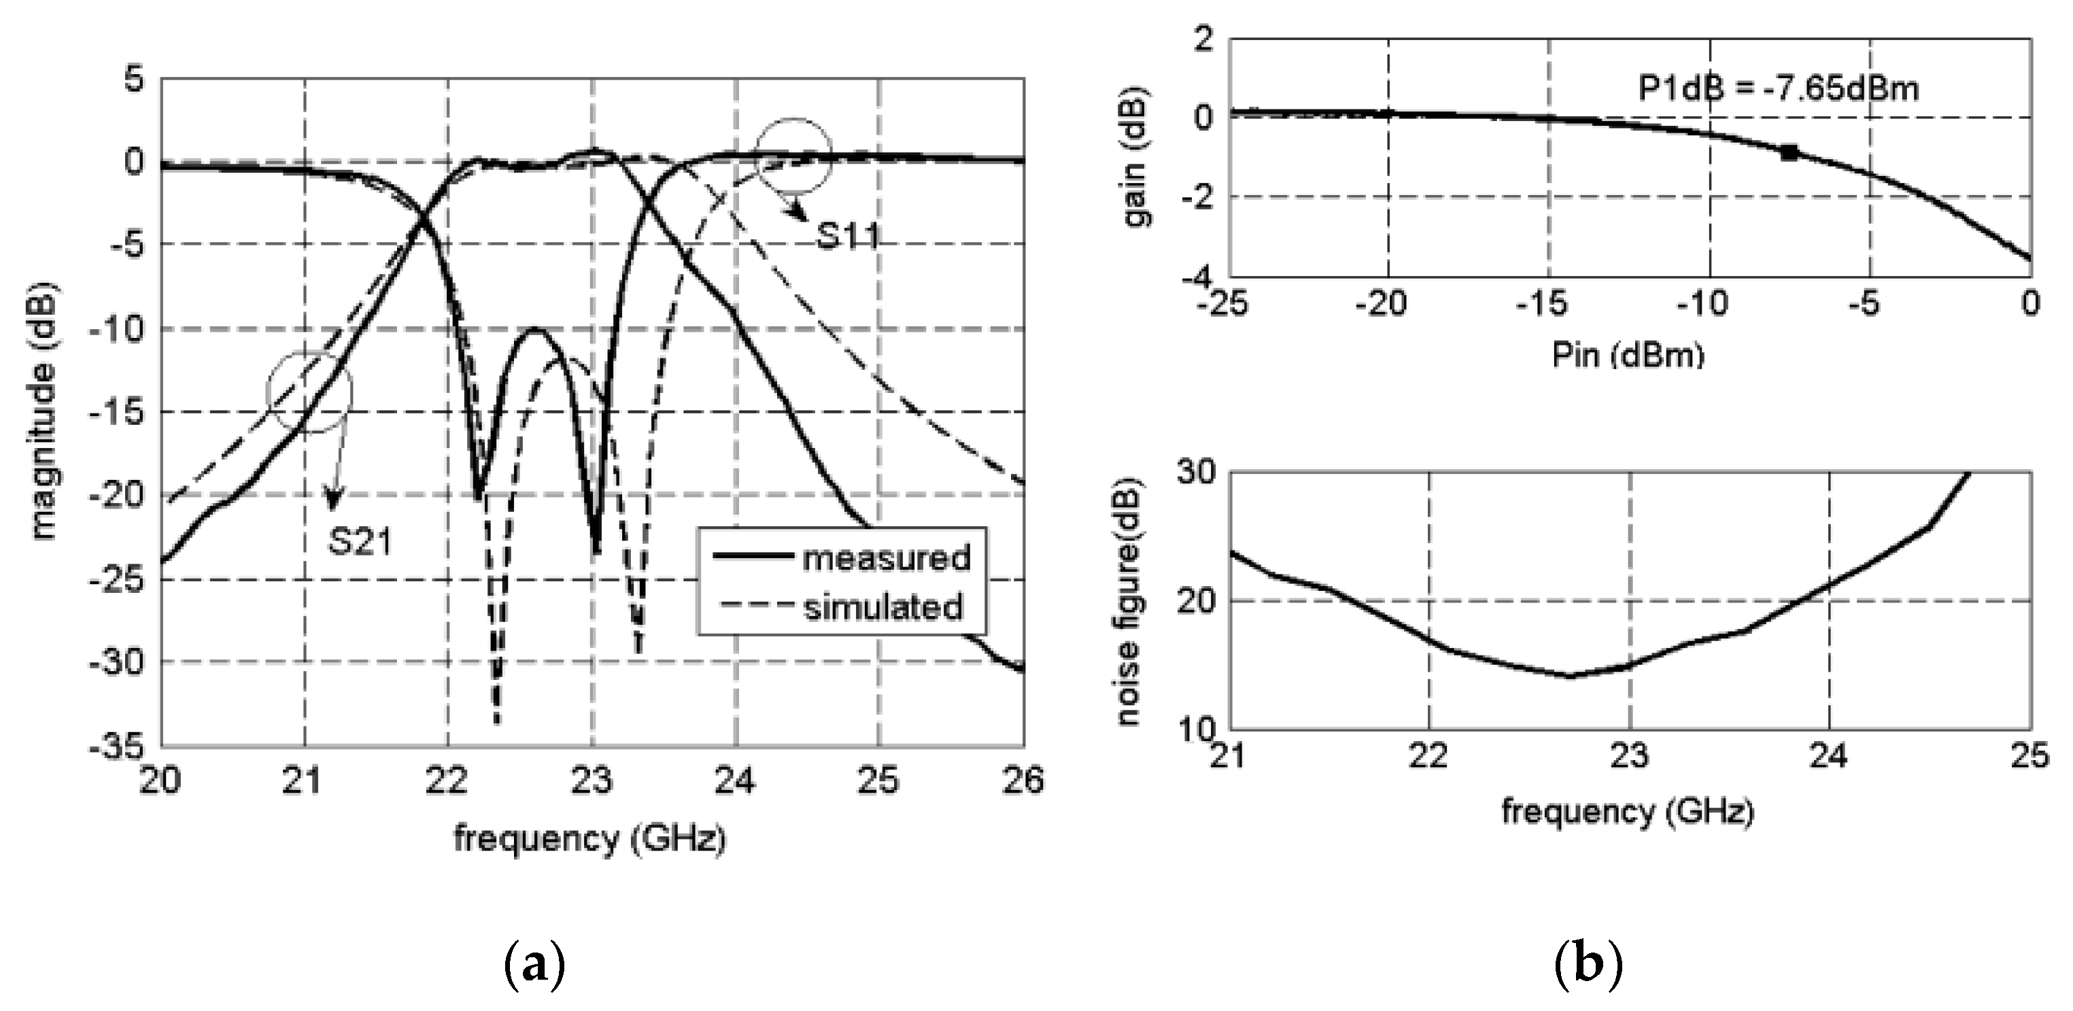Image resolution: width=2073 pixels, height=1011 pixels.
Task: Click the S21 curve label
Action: pyautogui.click(x=360, y=541)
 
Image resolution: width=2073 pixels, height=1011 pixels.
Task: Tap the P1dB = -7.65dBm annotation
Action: pyautogui.click(x=1779, y=88)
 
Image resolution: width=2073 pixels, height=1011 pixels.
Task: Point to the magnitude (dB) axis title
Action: pyautogui.click(x=44, y=411)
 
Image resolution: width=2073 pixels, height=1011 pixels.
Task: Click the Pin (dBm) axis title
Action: pyautogui.click(x=1627, y=355)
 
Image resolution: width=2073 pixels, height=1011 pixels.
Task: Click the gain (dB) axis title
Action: pyautogui.click(x=1134, y=157)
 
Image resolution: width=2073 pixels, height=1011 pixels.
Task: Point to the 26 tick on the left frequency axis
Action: pyautogui.click(x=1023, y=781)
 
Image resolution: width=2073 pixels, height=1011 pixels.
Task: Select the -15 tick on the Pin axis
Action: pyautogui.click(x=1547, y=305)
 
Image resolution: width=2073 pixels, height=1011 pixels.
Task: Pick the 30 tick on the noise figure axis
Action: pyautogui.click(x=1196, y=473)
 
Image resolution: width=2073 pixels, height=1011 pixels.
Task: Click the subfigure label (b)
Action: pyautogui.click(x=1588, y=963)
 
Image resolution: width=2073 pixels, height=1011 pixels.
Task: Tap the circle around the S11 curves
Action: pyautogui.click(x=793, y=155)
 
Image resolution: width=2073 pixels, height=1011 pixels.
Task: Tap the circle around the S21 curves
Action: pyautogui.click(x=310, y=393)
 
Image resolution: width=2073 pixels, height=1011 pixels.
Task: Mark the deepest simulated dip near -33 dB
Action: pyautogui.click(x=496, y=721)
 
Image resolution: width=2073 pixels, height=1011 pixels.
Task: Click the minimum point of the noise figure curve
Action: pyautogui.click(x=1569, y=675)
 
